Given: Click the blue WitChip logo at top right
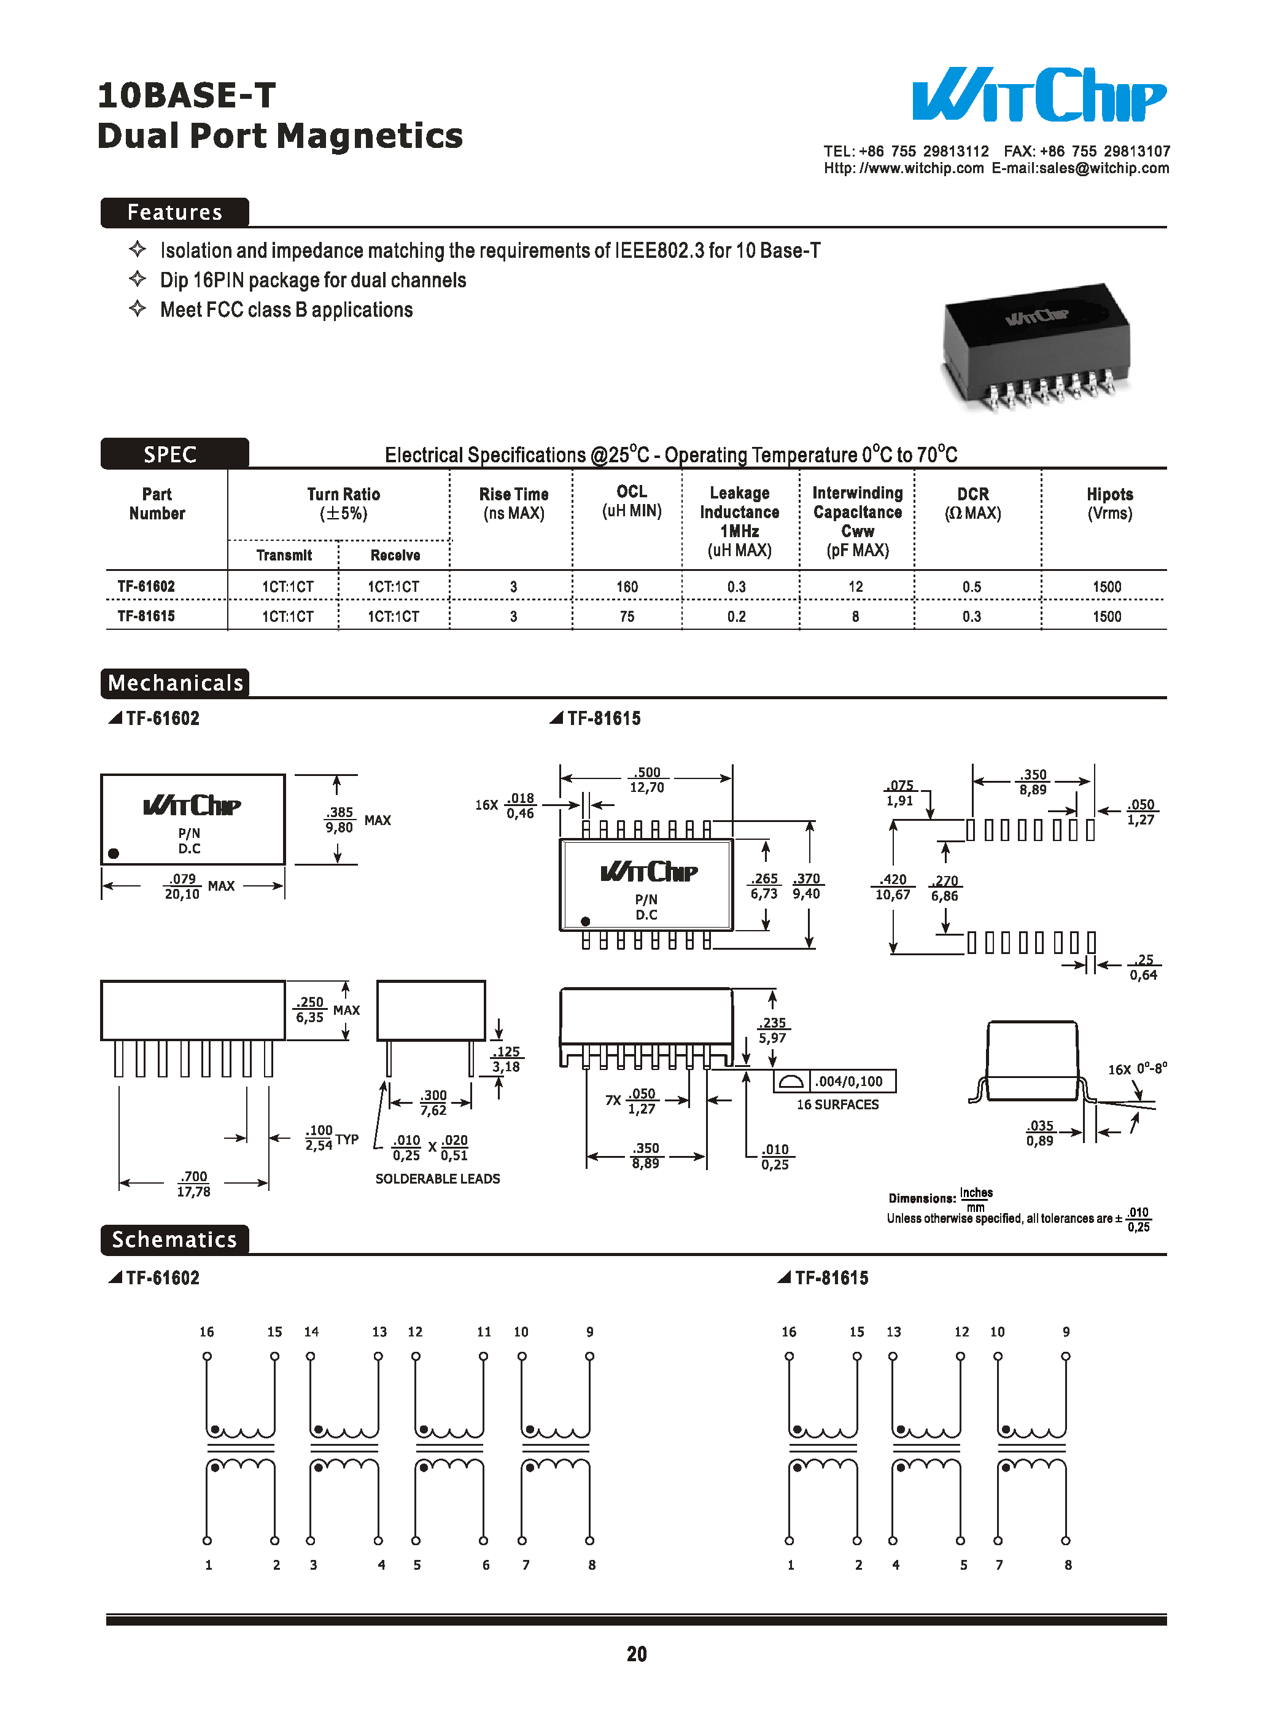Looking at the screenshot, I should coord(1039,95).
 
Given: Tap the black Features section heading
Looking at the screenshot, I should coord(174,212).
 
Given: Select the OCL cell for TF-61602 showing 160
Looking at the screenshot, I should coord(627,587).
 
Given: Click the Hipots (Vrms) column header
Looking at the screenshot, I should coord(1109,504).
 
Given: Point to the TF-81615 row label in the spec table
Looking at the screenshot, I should coord(146,616).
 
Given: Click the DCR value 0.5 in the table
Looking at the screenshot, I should coord(972,587).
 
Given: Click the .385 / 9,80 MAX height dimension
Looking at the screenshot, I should coord(340,820).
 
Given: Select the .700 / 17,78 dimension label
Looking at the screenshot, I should coord(193,1184).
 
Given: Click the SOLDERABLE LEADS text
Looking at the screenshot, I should coord(437,1178).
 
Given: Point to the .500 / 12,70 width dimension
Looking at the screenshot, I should coord(647,780).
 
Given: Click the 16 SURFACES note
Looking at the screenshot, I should coord(837,1104).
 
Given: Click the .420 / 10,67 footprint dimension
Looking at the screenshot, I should coord(893,886).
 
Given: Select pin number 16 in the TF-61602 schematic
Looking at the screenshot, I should coord(207,1332).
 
